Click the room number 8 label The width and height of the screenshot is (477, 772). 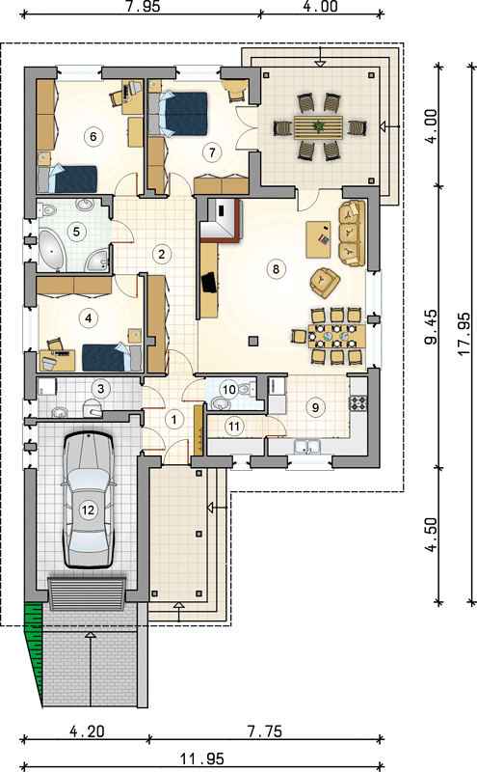click(x=276, y=269)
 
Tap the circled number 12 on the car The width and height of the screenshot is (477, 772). click(x=88, y=510)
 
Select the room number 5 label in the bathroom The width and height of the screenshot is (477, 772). click(x=76, y=231)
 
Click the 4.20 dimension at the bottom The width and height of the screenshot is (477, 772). click(x=87, y=731)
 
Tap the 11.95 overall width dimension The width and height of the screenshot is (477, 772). click(x=201, y=758)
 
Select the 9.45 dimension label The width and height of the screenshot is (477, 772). click(x=431, y=326)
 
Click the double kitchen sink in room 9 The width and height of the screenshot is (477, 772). click(x=306, y=447)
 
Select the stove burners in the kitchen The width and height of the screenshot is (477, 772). click(x=358, y=403)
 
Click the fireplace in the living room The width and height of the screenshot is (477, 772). click(x=224, y=219)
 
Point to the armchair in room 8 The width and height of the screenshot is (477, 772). click(x=324, y=282)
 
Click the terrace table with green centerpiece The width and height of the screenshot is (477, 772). click(x=319, y=127)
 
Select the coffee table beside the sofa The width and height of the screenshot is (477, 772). click(x=318, y=239)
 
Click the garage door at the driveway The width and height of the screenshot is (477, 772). click(x=87, y=593)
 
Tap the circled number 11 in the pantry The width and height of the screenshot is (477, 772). click(x=233, y=426)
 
